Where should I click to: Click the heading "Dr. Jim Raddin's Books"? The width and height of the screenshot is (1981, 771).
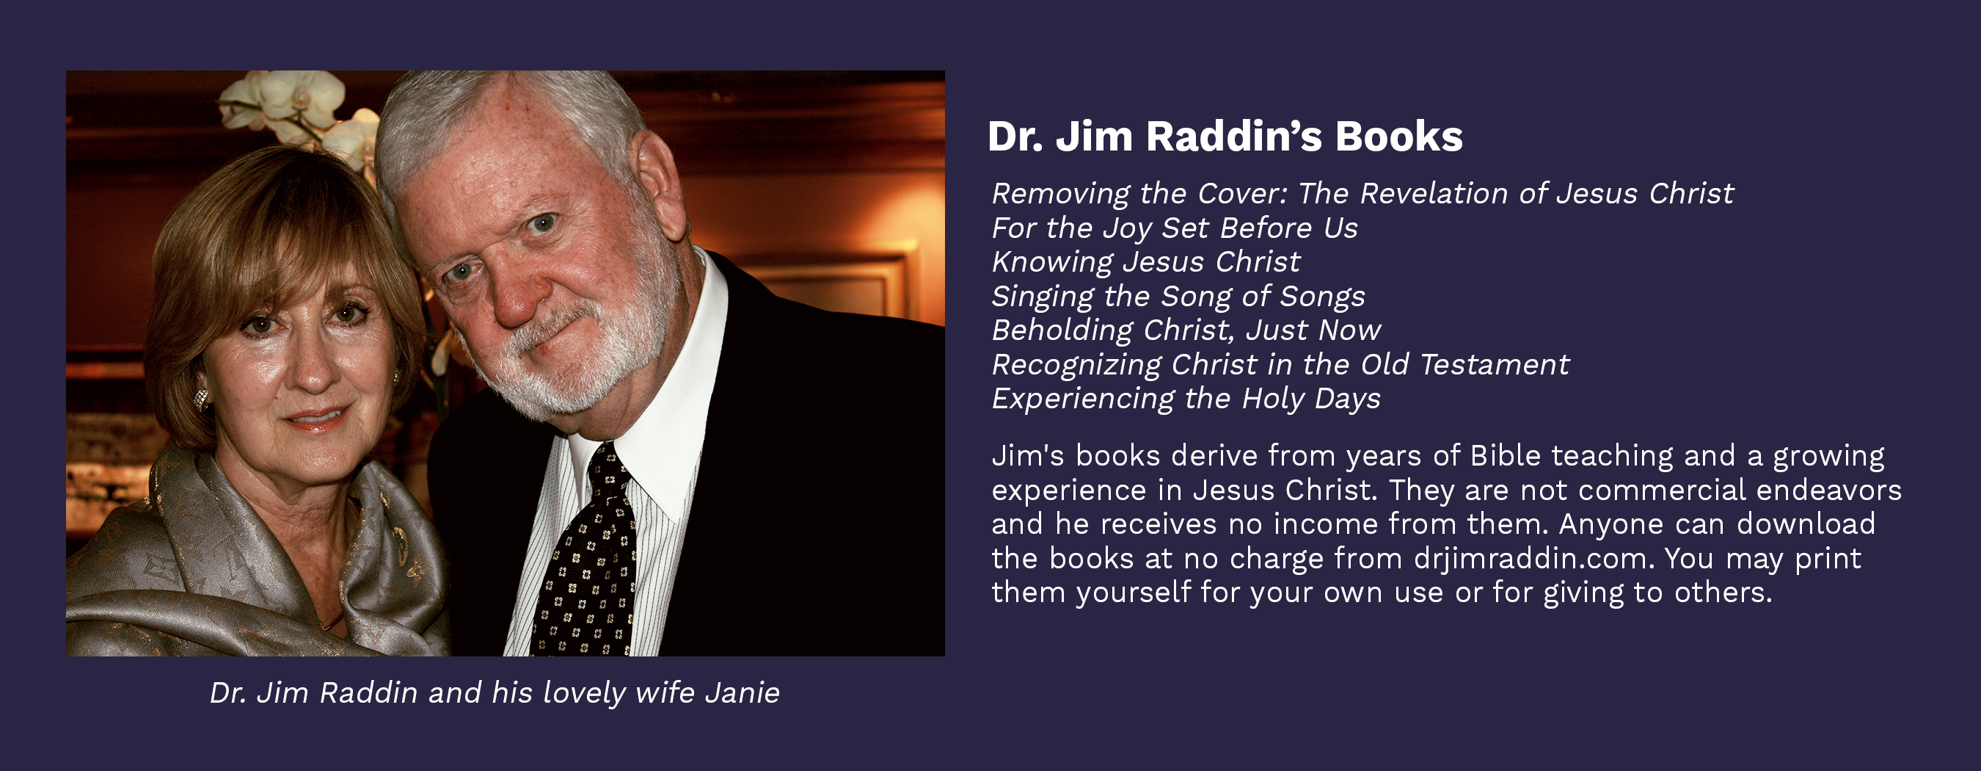(1225, 137)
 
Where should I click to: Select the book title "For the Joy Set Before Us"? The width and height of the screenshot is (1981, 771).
(1175, 228)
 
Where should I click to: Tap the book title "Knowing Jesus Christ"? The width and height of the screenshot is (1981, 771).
(1146, 262)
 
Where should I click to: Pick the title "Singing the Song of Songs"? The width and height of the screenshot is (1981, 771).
(1178, 297)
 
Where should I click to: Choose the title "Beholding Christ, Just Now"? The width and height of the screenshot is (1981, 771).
(1186, 331)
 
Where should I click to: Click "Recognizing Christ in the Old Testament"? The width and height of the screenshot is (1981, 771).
(1280, 365)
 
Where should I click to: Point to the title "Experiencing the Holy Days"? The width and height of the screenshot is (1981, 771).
(1186, 399)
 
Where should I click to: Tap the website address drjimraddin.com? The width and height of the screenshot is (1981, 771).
(1533, 559)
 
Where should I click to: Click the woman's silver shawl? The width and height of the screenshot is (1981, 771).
(254, 569)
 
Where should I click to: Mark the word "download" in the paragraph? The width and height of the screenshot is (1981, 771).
(1806, 524)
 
